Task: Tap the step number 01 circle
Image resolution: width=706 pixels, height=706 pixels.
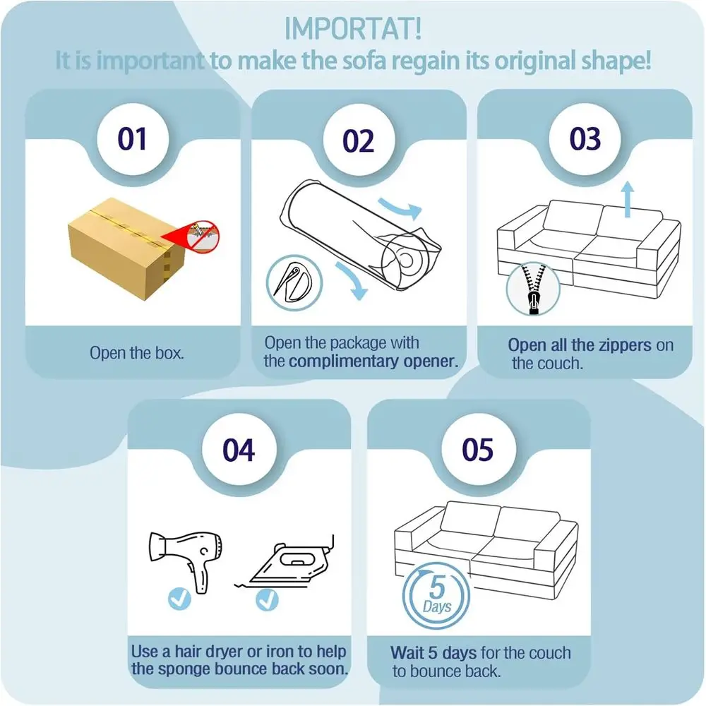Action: (132, 139)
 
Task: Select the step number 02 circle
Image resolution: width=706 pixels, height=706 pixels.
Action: (359, 141)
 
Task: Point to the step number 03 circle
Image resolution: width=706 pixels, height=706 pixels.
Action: (585, 139)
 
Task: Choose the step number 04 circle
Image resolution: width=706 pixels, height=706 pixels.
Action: (239, 450)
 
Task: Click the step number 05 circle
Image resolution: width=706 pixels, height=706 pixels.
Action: (478, 450)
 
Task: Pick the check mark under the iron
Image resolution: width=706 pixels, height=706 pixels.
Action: (267, 599)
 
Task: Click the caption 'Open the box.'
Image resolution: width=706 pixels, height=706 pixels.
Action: (137, 352)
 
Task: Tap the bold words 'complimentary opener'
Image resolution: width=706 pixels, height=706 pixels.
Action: (373, 362)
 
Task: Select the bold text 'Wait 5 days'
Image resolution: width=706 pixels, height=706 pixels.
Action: (434, 652)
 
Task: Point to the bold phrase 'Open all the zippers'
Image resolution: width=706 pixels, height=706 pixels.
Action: (579, 345)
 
